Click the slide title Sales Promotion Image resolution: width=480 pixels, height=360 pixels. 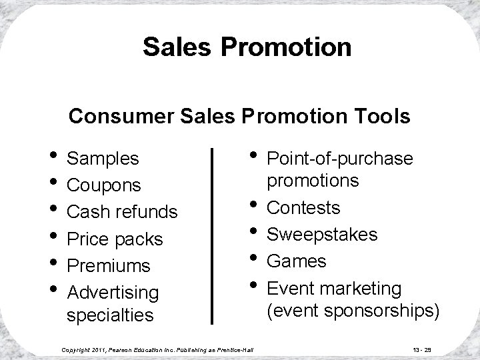247,47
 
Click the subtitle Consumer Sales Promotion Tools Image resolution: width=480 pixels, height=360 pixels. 239,117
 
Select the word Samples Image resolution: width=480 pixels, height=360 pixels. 103,159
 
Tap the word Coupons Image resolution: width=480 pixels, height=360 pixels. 105,185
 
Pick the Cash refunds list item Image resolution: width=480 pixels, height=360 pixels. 123,212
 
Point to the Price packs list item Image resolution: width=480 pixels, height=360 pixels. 115,239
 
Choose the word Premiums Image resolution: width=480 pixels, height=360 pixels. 109,265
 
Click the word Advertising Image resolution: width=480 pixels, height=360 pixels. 113,292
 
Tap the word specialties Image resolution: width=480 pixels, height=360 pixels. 110,314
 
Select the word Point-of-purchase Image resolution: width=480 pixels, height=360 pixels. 340,159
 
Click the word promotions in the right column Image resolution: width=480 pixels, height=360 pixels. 313,181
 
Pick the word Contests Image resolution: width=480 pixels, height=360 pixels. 303,208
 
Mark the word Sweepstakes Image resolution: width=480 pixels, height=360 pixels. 322,235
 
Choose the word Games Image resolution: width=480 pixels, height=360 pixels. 297,261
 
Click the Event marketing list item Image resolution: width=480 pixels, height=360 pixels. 334,289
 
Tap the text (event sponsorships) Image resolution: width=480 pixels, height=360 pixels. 353,311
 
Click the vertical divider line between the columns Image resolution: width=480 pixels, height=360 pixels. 212,236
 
